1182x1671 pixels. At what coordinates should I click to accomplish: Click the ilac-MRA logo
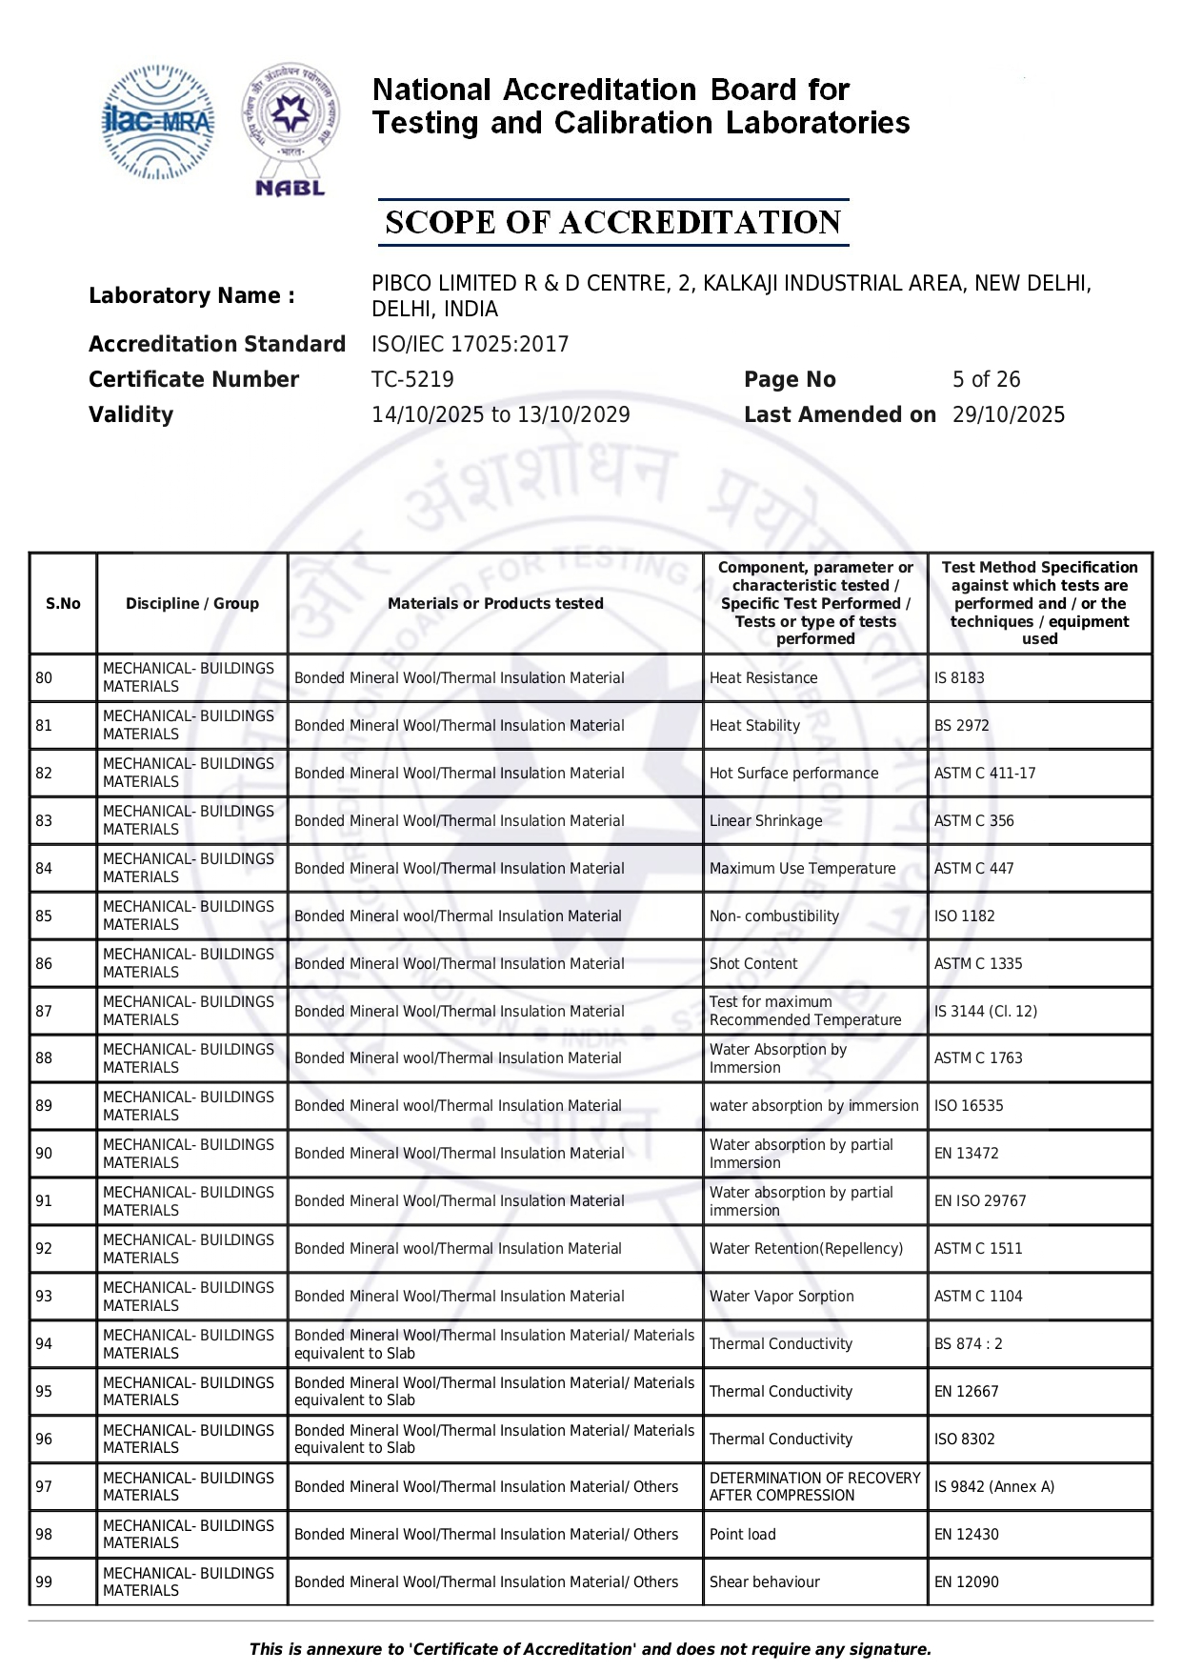click(x=158, y=122)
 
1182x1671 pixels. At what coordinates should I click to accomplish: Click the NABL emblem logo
click(x=290, y=130)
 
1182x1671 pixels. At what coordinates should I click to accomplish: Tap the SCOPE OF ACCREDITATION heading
click(x=612, y=223)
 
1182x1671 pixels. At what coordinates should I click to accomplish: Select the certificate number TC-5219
click(x=412, y=380)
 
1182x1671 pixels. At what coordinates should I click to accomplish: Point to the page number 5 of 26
click(x=986, y=380)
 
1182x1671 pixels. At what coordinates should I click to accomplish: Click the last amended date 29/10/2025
click(x=1008, y=415)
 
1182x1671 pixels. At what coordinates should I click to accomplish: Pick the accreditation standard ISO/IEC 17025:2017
click(x=470, y=345)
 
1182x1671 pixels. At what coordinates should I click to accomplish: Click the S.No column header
click(x=63, y=604)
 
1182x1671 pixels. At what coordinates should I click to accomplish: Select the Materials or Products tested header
click(x=495, y=604)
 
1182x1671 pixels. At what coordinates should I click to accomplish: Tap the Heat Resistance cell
click(x=763, y=678)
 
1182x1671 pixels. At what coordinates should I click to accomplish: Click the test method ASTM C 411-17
click(x=984, y=774)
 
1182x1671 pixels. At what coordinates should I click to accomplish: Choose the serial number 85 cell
click(x=44, y=916)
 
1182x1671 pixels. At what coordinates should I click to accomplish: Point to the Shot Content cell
click(x=753, y=964)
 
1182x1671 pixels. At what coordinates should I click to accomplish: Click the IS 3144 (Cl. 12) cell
click(x=985, y=1012)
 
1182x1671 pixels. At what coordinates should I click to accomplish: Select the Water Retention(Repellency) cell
click(x=806, y=1249)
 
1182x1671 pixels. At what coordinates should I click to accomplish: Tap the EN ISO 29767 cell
click(x=980, y=1201)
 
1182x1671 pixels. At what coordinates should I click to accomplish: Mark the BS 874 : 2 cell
click(x=968, y=1344)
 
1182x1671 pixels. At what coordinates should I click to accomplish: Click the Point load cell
click(x=742, y=1535)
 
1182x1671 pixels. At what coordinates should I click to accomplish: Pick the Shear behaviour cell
click(x=764, y=1582)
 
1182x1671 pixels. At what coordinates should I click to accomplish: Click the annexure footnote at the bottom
click(x=591, y=1649)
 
